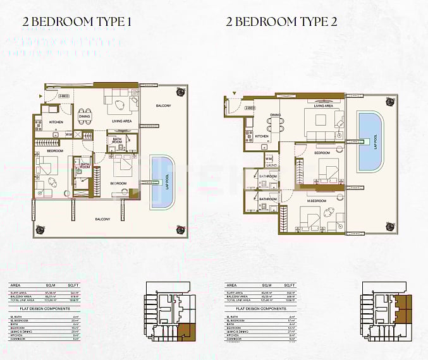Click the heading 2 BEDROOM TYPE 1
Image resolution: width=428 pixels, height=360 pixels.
[77, 21]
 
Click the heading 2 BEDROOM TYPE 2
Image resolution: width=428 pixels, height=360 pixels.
[282, 21]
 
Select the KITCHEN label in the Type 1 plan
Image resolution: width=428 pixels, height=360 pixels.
[56, 122]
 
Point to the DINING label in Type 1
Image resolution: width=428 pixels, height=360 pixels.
[84, 116]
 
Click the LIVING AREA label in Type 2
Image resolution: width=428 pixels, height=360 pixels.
[323, 106]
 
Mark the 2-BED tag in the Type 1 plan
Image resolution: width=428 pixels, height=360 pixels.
[64, 95]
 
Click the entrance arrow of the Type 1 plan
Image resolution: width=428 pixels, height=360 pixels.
[40, 95]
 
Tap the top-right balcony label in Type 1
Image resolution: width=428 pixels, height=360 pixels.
[164, 105]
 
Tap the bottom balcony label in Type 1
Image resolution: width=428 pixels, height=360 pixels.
[102, 219]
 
